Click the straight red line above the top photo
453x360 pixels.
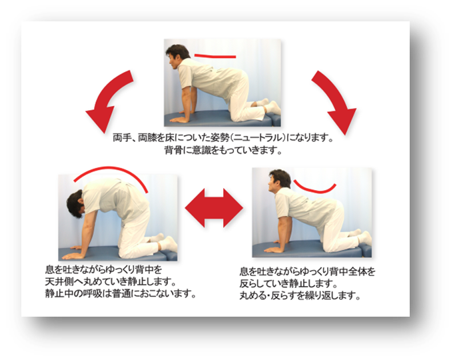click(215, 56)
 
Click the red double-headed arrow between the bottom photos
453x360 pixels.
click(214, 208)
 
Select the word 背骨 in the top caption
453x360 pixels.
click(174, 151)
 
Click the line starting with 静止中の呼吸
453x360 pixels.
click(121, 294)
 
